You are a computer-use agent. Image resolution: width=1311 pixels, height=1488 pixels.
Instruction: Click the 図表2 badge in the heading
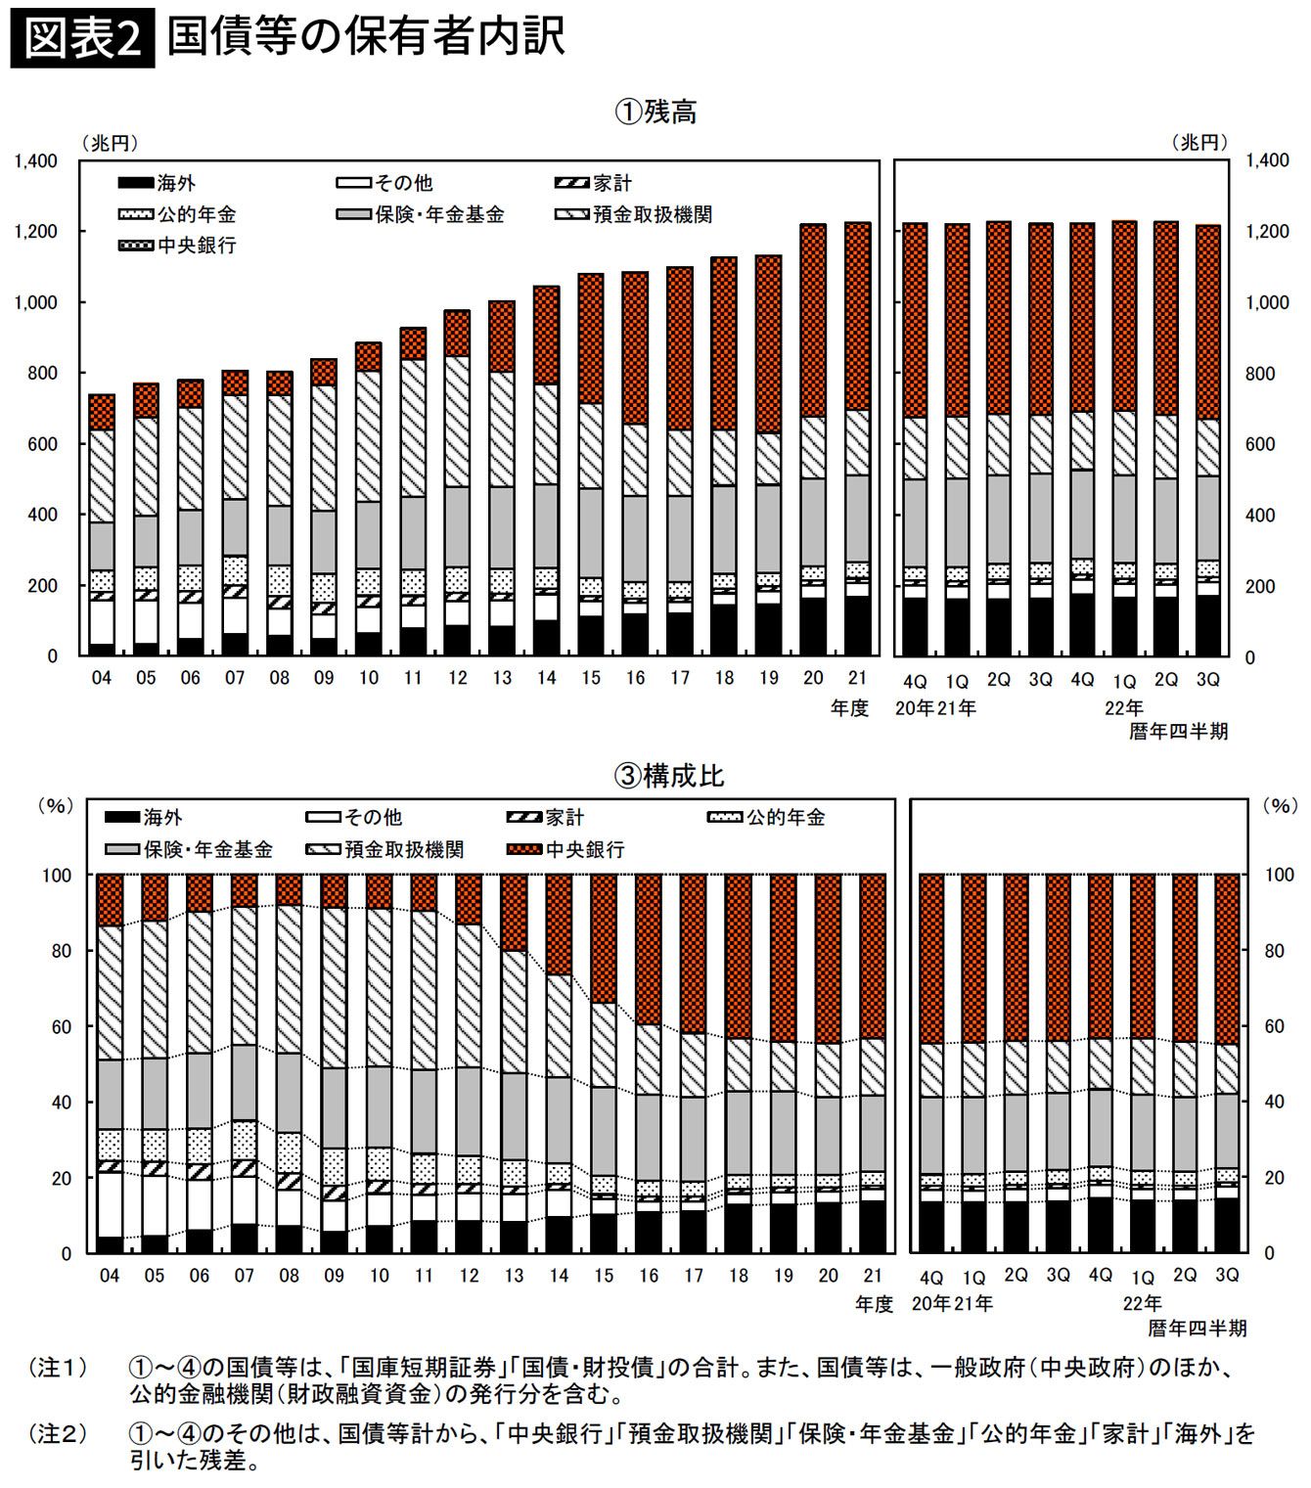tap(82, 40)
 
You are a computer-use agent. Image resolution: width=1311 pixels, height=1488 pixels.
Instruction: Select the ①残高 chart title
tap(655, 112)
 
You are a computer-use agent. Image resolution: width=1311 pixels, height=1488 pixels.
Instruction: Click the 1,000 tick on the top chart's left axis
tap(37, 302)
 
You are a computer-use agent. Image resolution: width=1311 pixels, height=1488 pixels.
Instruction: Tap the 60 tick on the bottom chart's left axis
tap(56, 1026)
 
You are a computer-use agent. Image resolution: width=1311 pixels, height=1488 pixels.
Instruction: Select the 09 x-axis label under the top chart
tap(324, 677)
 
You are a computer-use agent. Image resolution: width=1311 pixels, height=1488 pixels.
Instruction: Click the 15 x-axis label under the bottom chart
tap(604, 1276)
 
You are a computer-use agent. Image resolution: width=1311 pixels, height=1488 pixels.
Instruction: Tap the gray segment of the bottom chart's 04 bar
tap(110, 1094)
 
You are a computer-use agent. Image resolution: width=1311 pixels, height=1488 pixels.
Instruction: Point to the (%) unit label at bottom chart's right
tap(1279, 806)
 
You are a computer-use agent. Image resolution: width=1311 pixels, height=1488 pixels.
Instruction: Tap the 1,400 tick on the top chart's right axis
tap(1268, 160)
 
